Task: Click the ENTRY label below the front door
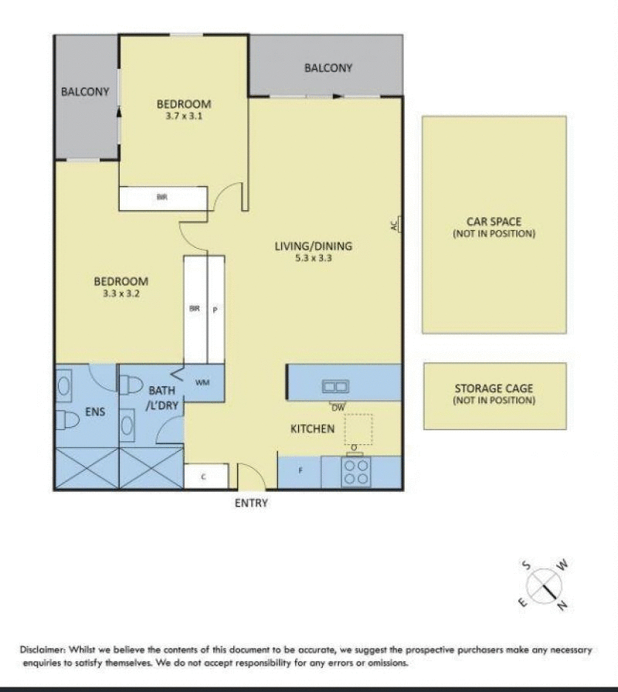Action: coord(251,503)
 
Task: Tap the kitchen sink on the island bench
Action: coord(336,386)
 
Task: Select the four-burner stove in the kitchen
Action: coord(356,472)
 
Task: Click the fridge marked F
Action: coord(300,470)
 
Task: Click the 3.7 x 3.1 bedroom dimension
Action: coord(183,117)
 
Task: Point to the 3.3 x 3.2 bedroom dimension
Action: coord(120,294)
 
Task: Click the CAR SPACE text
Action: coord(494,222)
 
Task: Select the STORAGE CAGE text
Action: coord(494,389)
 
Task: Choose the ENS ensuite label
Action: coord(95,412)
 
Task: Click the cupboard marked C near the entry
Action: coord(204,477)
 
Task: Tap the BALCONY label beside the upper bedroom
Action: coord(85,91)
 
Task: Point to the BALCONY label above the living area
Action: coord(328,68)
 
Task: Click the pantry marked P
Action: coord(216,309)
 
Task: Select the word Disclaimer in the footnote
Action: coord(44,650)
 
